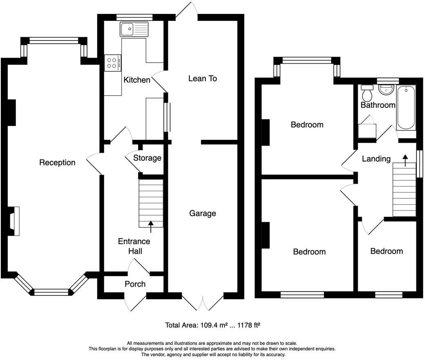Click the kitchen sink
pos(134,29)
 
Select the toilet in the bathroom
pos(367,93)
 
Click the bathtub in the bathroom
pos(406,108)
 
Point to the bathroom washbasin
pos(386,90)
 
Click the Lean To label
pos(202,79)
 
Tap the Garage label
pos(202,214)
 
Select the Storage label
pos(147,158)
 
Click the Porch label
pos(135,284)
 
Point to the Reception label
pos(57,162)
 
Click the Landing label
pos(376,159)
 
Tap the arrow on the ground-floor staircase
pos(151,227)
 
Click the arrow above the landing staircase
pos(405,160)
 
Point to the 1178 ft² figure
pos(249,325)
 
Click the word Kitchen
pos(137,80)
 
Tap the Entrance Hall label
pos(134,246)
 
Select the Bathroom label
pos(378,105)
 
